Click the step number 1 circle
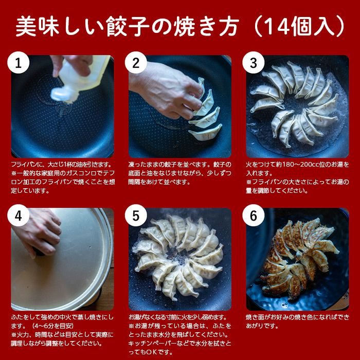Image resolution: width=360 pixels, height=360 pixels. click(x=19, y=64)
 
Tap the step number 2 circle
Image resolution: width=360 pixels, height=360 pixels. click(x=136, y=64)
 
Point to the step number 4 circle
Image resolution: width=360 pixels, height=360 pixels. click(x=19, y=217)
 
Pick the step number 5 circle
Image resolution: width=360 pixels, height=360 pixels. click(x=136, y=217)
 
